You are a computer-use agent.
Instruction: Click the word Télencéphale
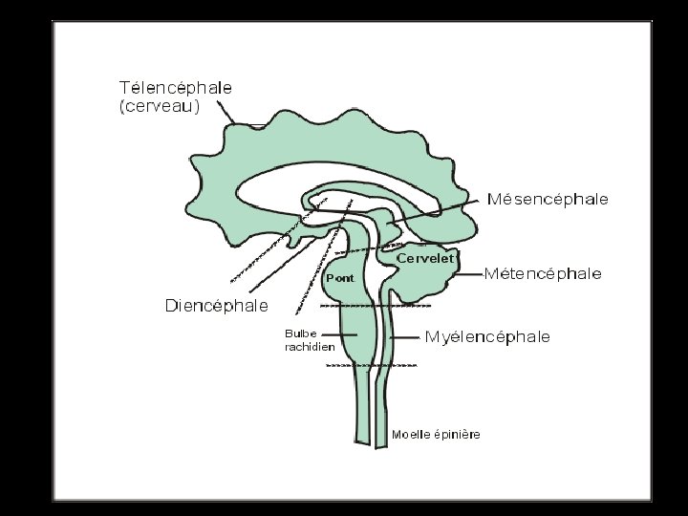coord(175,87)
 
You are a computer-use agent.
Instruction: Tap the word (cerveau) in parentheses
coord(160,107)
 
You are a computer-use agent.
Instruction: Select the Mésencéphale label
coord(548,200)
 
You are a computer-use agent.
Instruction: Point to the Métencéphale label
coord(543,274)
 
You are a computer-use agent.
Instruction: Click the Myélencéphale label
coord(487,336)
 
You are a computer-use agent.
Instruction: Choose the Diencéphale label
coord(217,307)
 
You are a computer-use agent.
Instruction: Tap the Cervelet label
coord(424,258)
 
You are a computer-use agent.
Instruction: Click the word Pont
coord(340,278)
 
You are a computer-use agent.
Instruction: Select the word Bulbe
coord(301,333)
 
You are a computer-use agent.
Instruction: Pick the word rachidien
coord(310,347)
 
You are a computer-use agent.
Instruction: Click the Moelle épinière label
coord(437,435)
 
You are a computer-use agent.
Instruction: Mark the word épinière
coord(457,435)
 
